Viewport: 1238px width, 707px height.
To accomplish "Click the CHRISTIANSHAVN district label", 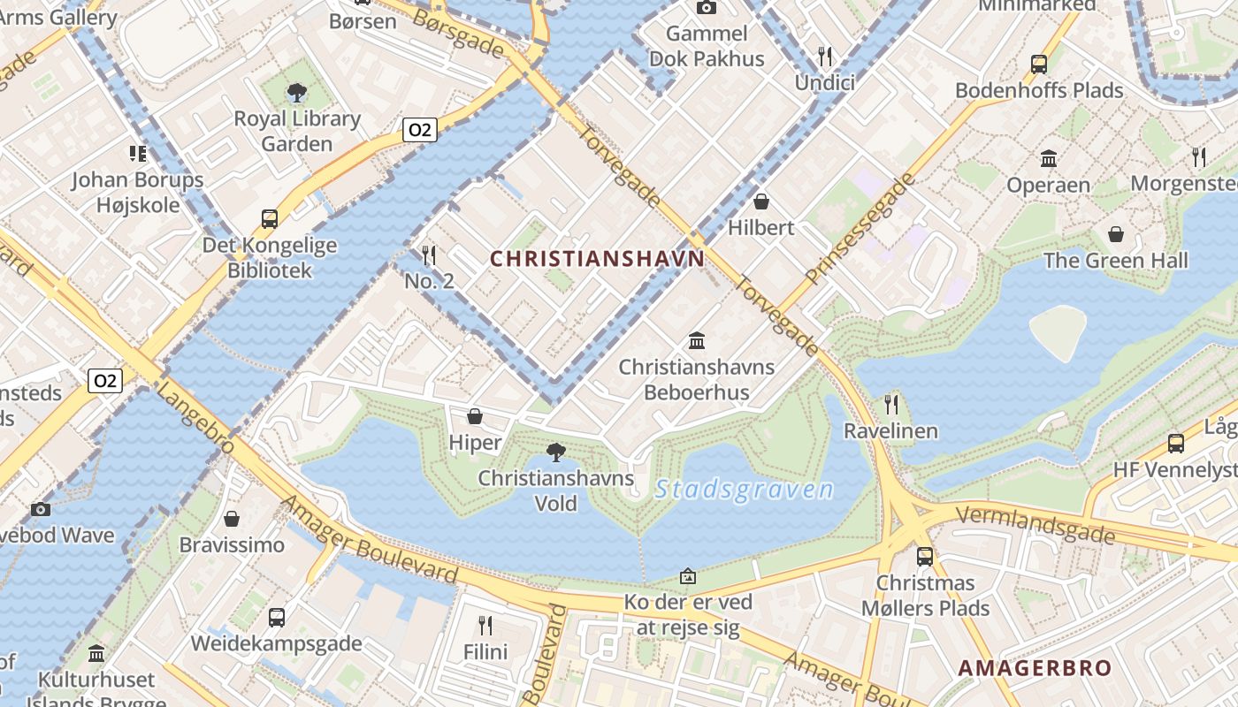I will (598, 259).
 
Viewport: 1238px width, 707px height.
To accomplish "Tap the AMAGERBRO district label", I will (1035, 668).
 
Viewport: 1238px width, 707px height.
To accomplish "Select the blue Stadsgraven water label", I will (745, 490).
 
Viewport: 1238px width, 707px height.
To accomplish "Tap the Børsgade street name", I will (458, 34).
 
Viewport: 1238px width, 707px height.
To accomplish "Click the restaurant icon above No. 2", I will (429, 255).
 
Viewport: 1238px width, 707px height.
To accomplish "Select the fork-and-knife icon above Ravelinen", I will (890, 405).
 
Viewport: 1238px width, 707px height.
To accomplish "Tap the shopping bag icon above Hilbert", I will (761, 201).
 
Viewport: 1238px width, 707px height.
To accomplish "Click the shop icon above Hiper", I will (475, 416).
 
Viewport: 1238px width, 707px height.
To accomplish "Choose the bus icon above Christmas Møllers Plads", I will (924, 557).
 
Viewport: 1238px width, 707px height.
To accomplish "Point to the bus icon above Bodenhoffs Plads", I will (1039, 64).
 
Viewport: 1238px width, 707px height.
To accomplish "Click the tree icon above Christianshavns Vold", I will (556, 452).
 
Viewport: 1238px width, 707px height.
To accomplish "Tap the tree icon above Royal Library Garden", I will (297, 92).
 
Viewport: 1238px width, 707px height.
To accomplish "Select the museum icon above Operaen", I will (1049, 159).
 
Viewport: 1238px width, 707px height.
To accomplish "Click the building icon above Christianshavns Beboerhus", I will (697, 340).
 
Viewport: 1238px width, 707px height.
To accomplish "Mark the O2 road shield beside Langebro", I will (105, 381).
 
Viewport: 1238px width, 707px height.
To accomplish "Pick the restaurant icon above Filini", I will (485, 626).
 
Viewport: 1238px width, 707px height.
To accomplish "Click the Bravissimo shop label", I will (232, 544).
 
